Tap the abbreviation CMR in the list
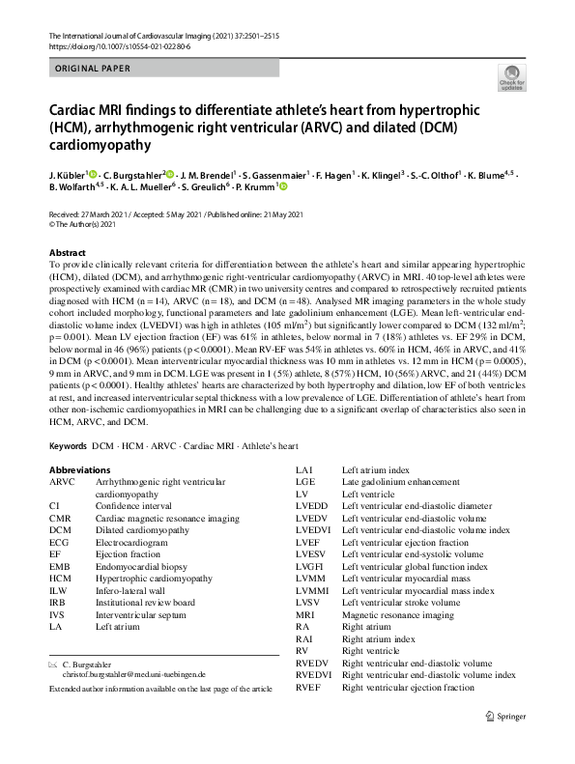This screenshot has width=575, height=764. click(61, 518)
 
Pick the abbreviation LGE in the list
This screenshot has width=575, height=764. click(305, 481)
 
